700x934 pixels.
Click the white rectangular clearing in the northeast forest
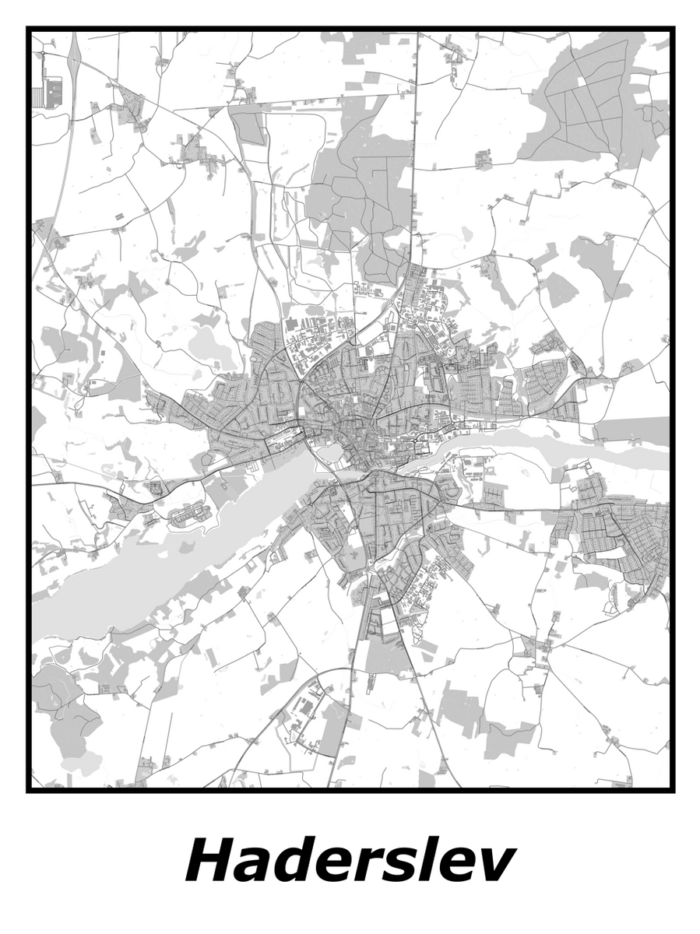[584, 79]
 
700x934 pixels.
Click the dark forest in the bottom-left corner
[66, 708]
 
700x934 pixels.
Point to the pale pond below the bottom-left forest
[82, 761]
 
